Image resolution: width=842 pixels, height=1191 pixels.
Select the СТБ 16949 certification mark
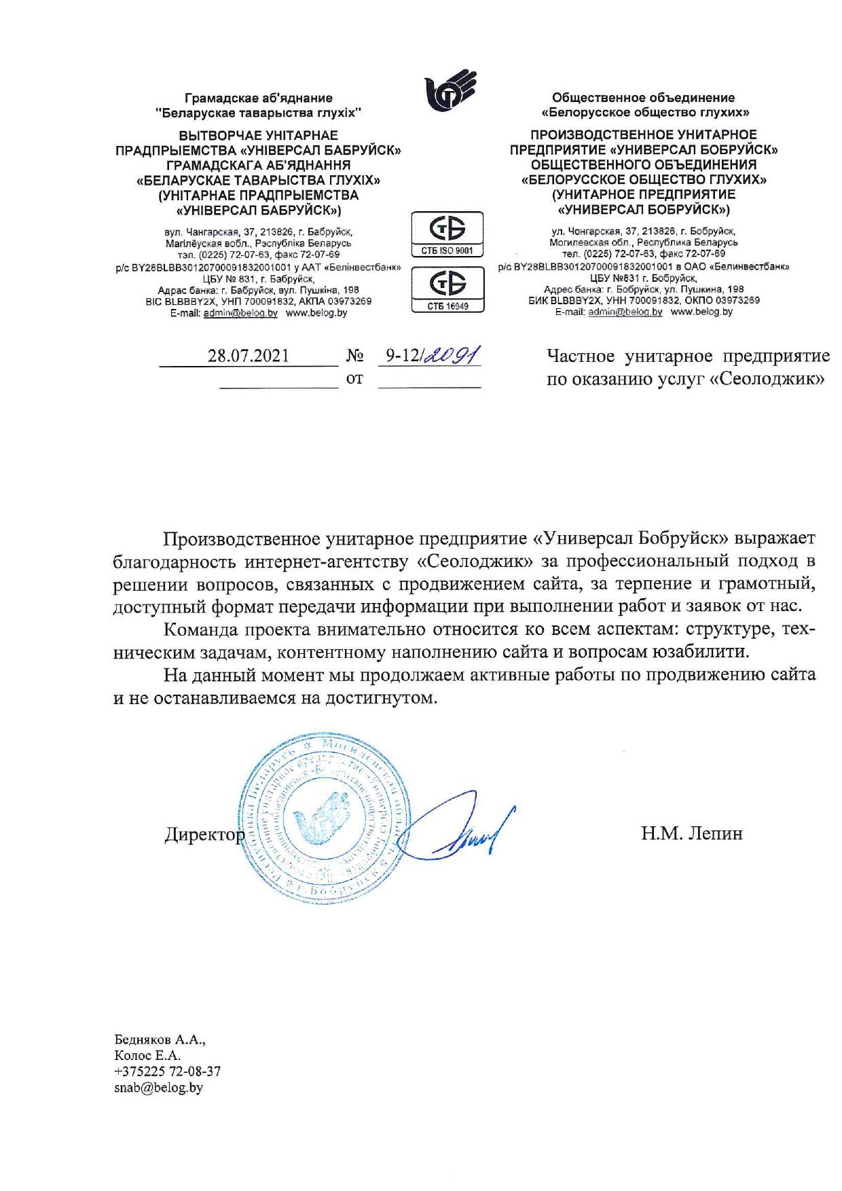pyautogui.click(x=447, y=289)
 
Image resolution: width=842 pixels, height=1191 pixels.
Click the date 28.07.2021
pyautogui.click(x=249, y=356)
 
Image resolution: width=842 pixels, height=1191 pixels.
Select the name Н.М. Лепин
pyautogui.click(x=691, y=833)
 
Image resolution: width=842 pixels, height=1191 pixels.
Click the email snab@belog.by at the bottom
pyautogui.click(x=159, y=1088)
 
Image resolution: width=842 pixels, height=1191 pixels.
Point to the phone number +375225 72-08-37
pyautogui.click(x=167, y=1071)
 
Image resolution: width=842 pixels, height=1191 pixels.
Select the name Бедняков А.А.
pyautogui.click(x=160, y=1040)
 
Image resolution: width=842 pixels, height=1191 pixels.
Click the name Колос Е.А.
pyautogui.click(x=147, y=1055)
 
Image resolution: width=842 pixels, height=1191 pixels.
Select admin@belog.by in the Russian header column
pyautogui.click(x=625, y=312)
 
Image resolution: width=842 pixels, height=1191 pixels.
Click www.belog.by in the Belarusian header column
pyautogui.click(x=316, y=313)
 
